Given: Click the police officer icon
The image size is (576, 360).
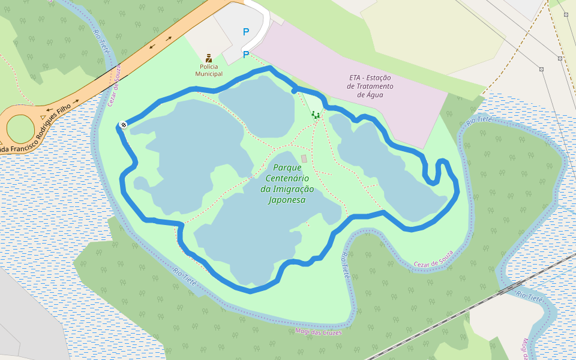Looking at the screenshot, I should [209, 58].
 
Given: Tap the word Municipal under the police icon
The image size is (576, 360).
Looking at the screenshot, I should [209, 74].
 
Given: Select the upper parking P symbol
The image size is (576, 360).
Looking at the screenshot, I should [245, 32].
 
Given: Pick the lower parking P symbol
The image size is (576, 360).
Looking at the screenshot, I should [245, 55].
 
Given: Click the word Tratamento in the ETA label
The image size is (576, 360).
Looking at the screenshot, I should [369, 86].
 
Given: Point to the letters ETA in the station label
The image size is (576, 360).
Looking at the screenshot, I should [356, 78].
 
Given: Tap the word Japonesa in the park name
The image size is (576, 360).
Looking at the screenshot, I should [287, 200].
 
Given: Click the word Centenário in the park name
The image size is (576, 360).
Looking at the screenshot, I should [287, 178].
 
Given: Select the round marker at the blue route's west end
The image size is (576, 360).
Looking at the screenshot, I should [123, 125].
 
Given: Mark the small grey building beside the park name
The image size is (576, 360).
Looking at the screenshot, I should [304, 158].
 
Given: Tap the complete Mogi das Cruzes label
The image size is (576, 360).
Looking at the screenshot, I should [319, 332].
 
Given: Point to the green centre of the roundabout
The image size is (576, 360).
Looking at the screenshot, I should [20, 128].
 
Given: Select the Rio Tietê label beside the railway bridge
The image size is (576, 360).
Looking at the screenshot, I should [530, 296].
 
